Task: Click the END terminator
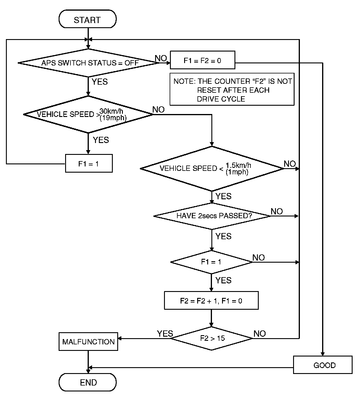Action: pos(88,382)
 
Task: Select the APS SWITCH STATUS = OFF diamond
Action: pos(88,63)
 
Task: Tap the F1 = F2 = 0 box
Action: pos(202,60)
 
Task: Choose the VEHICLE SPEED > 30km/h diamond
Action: pos(88,114)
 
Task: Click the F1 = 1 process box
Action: pos(89,163)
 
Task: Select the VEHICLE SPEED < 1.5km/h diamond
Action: pos(212,168)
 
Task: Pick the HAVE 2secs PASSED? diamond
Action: pos(212,216)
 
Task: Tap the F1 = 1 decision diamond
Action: pos(211,262)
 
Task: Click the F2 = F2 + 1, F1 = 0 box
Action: pos(211,301)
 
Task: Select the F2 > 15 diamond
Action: pos(212,338)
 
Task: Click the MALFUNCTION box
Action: pos(88,342)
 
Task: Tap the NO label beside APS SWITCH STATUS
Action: pos(161,58)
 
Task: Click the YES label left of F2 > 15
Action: pos(165,333)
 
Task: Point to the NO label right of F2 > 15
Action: pos(260,334)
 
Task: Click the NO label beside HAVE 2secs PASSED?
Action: pos(277,211)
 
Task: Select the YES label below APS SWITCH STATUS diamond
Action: pos(100,82)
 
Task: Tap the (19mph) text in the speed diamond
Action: pos(113,118)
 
